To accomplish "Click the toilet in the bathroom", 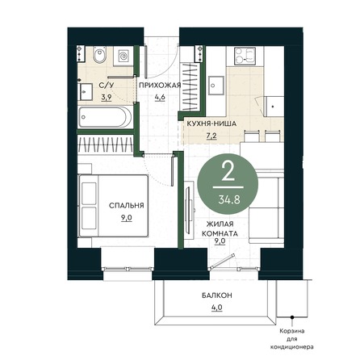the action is pos(99,55).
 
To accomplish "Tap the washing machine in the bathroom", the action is pos(123,56).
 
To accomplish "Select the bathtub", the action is pos(105,117).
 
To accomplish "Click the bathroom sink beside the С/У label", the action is pos(86,92).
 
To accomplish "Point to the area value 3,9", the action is pos(107,97).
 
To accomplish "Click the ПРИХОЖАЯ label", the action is pos(160,86).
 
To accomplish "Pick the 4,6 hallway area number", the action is pos(160,97).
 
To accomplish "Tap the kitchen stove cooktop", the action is pos(245,56).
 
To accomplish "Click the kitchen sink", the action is pos(216,86).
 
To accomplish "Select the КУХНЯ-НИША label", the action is pos(211,123).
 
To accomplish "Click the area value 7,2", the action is pos(211,136).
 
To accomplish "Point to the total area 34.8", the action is pos(229,199).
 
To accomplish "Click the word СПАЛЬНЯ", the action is pos(127,206).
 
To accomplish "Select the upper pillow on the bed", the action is pos(89,193).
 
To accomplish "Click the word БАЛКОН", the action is pos(217,295).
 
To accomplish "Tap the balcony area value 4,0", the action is pos(217,308).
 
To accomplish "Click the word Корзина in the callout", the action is pos(292,331).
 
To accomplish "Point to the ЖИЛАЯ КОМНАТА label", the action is pos(220,228).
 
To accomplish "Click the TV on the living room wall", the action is pos(190,210).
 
